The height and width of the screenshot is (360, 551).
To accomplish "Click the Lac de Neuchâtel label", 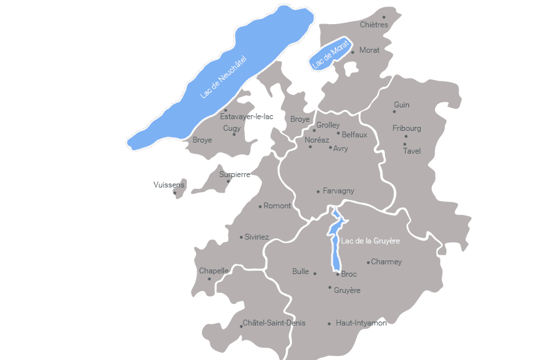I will point(224,76).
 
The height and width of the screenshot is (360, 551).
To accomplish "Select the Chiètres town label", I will point(374,25).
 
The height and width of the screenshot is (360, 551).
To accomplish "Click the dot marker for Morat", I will point(353,52).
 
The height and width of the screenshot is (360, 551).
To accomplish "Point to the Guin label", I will point(402,105).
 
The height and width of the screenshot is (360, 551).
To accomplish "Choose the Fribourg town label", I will point(406,128).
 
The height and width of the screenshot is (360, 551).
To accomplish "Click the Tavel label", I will point(412,151).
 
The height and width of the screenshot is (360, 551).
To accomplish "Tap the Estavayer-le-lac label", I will point(247,117).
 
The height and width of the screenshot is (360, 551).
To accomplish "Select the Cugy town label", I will point(232,128).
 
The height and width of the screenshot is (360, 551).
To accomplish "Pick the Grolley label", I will point(328,125).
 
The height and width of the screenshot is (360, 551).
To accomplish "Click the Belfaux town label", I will point(354,135).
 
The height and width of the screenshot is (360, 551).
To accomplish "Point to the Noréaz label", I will point(317,140).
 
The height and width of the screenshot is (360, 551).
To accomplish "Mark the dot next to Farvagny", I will point(318,191).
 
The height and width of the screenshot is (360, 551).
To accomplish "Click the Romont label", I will point(277,206).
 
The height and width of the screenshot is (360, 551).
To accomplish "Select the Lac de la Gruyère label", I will point(370,241).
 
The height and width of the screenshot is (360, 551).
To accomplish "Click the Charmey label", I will point(386,262).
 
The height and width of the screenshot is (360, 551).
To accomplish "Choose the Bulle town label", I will point(300,271).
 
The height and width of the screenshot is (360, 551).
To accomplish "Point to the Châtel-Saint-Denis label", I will point(274,323).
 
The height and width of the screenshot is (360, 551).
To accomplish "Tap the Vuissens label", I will point(169,185).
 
